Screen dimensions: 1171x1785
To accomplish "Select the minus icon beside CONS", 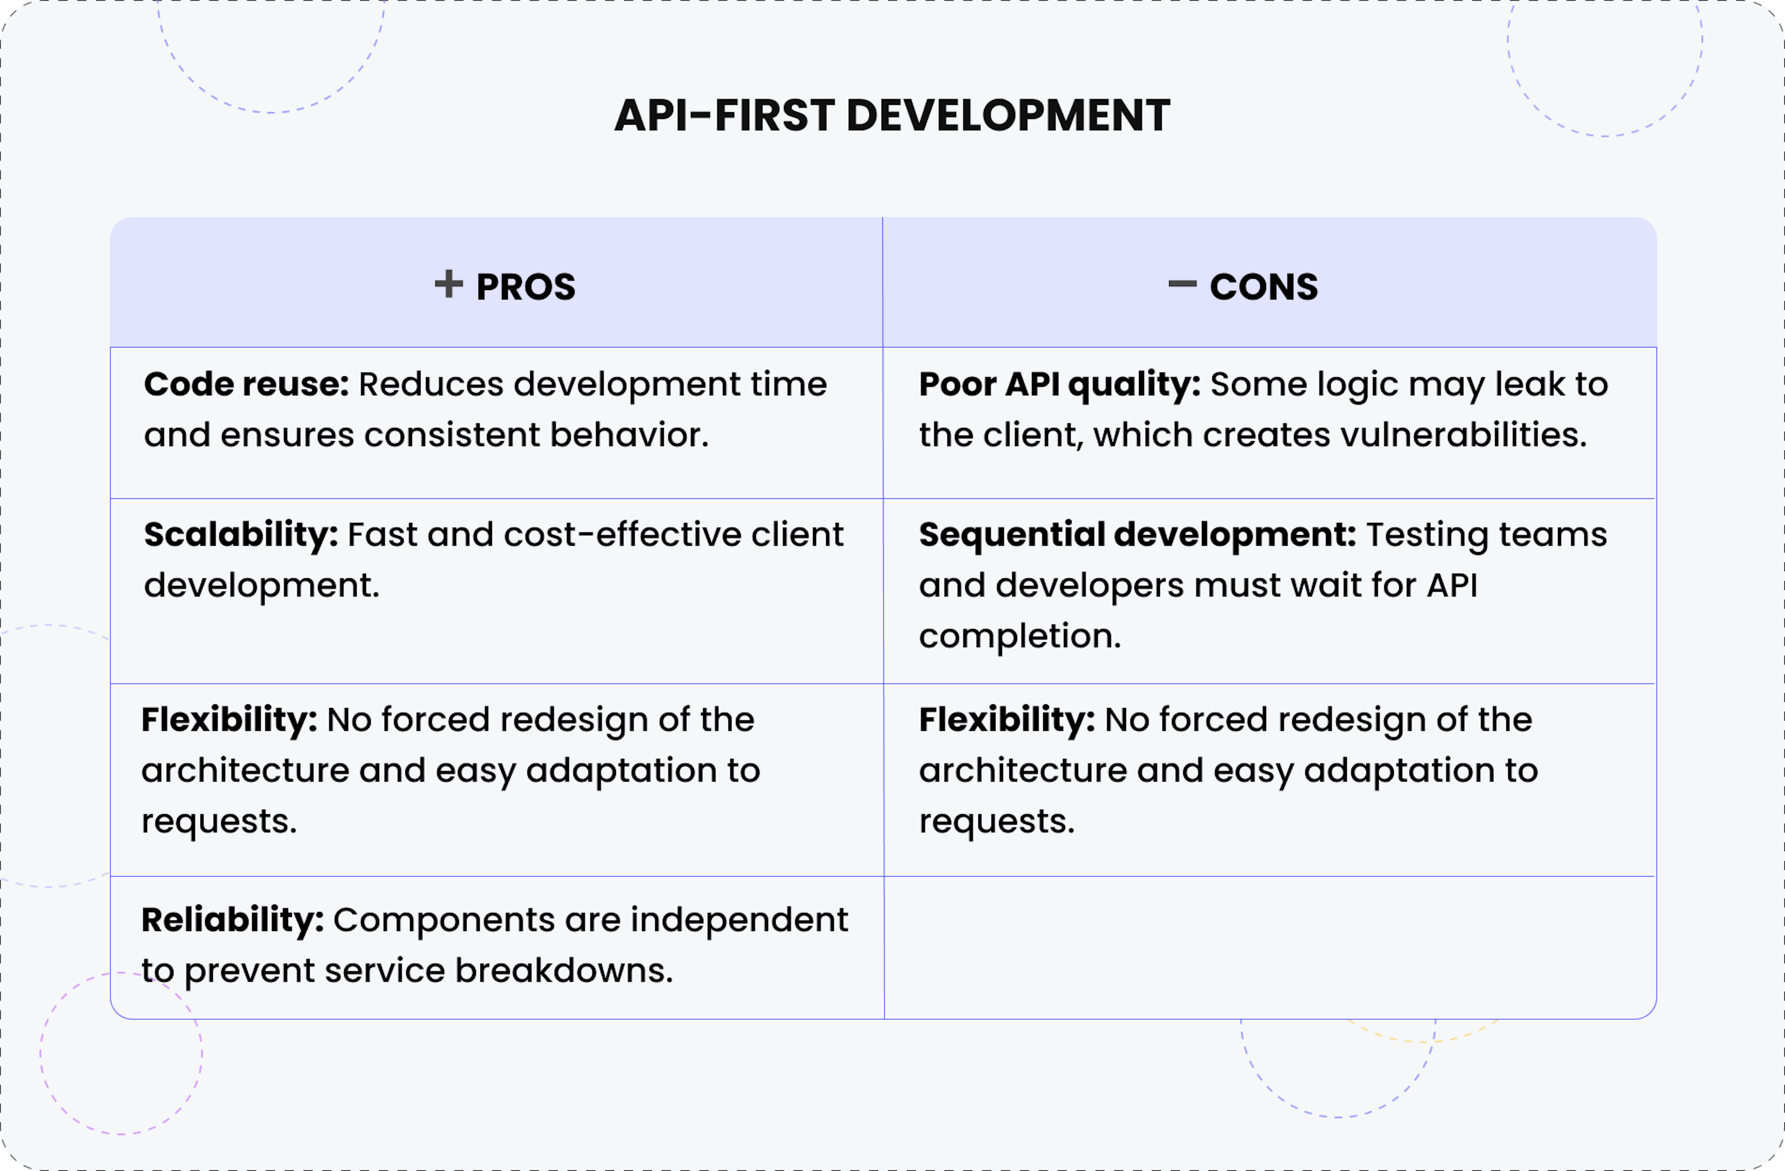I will [x=1182, y=284].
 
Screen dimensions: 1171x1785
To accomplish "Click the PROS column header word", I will [x=526, y=287].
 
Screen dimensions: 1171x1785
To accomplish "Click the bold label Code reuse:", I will [x=246, y=384].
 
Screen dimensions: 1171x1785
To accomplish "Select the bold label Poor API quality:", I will [x=1059, y=384].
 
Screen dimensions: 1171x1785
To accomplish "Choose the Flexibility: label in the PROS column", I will [x=229, y=719].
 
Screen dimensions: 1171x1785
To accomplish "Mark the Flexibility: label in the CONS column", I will [x=1006, y=719].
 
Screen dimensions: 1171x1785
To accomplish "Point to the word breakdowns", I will [x=564, y=971].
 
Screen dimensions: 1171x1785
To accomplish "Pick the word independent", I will [x=739, y=920].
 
